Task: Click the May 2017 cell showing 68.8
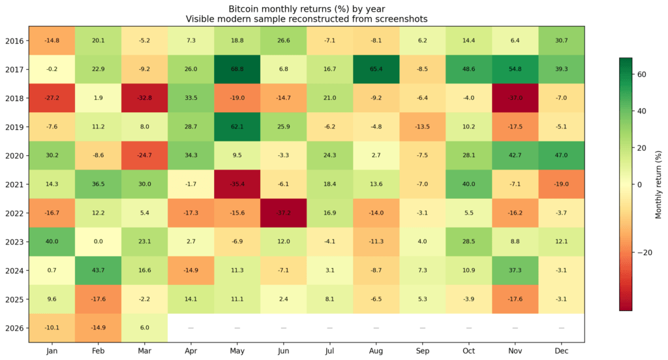point(237,69)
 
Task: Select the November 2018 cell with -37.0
point(515,98)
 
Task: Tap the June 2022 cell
point(283,213)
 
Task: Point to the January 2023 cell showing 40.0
point(52,241)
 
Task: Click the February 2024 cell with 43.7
point(98,270)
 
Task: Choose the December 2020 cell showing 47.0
point(561,155)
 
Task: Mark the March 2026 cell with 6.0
point(144,327)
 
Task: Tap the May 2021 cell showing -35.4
point(237,184)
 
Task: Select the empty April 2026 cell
point(190,327)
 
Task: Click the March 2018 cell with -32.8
point(144,98)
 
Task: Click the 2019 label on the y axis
point(14,127)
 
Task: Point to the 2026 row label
point(14,327)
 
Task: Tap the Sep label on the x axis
point(422,350)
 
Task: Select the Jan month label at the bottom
point(52,350)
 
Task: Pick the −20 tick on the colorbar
point(646,252)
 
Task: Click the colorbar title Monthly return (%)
point(658,184)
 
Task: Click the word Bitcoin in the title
point(245,9)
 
